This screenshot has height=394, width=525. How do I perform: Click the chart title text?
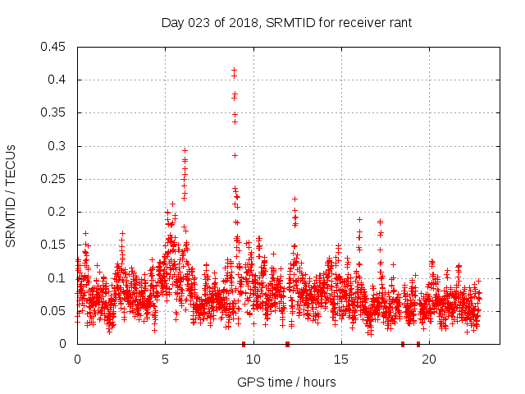[286, 23]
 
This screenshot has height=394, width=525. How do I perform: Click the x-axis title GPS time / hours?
[286, 382]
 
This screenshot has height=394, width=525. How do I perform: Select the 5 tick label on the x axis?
[165, 360]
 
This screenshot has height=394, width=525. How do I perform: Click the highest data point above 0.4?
[234, 71]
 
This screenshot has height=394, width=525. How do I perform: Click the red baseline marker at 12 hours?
[287, 344]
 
